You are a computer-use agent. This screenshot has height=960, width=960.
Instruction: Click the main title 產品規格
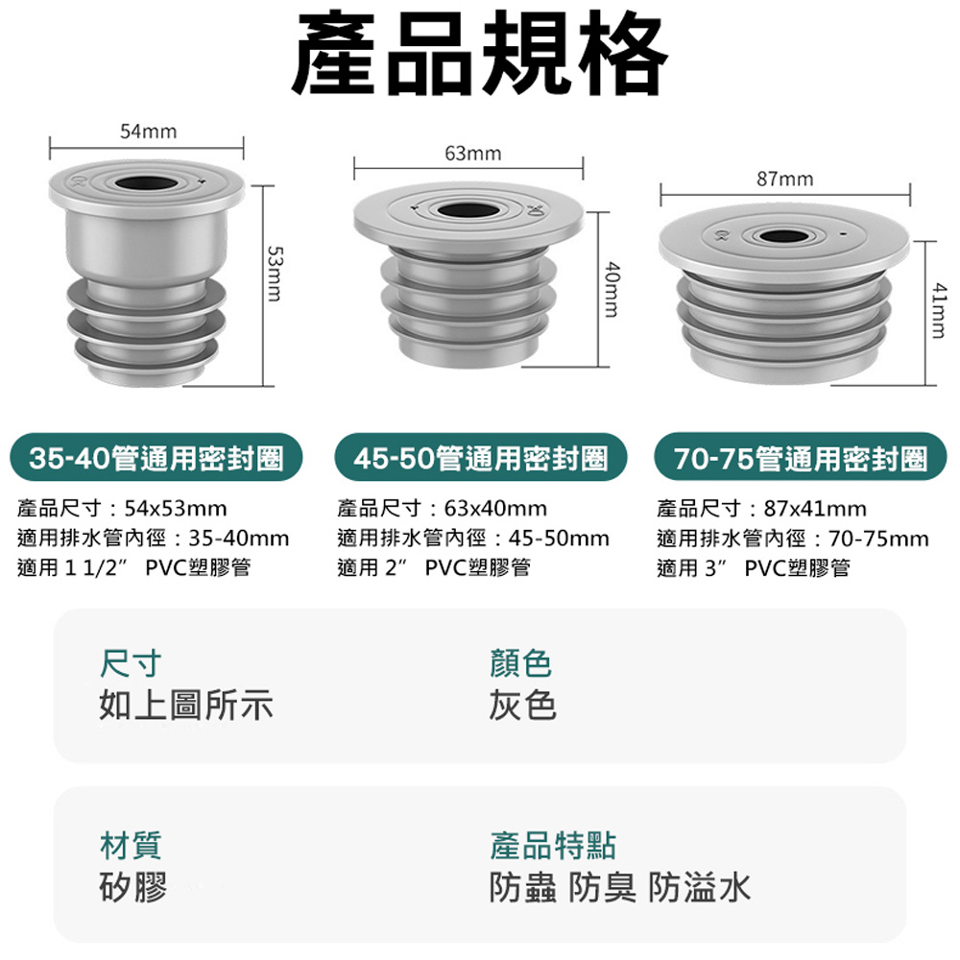(x=479, y=53)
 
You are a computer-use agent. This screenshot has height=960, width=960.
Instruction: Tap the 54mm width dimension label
(x=148, y=132)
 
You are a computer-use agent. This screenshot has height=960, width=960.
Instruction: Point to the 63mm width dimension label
(x=472, y=153)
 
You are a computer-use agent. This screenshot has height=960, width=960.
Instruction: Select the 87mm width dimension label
(x=785, y=179)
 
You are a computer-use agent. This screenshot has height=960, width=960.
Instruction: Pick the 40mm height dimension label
(x=612, y=290)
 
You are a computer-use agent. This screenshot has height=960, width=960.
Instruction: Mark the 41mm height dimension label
(x=938, y=310)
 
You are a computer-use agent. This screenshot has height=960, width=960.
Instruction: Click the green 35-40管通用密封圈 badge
(x=156, y=457)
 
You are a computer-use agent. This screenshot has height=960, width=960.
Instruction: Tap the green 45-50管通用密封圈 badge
(x=481, y=457)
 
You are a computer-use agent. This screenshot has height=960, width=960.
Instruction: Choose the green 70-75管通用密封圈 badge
(x=801, y=457)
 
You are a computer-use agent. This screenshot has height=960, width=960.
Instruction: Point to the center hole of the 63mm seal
(x=468, y=211)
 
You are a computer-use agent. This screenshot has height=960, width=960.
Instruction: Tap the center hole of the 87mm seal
(x=785, y=237)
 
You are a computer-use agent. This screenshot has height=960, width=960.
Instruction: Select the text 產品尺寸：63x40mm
(x=442, y=508)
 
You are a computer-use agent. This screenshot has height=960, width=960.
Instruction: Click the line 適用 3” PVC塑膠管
(x=754, y=568)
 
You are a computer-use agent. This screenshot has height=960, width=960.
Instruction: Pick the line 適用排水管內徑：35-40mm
(x=153, y=539)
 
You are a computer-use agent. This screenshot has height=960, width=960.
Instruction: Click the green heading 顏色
(x=520, y=663)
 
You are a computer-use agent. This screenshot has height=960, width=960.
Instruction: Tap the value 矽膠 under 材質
(x=132, y=887)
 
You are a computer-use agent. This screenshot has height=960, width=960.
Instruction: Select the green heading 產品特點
(x=552, y=846)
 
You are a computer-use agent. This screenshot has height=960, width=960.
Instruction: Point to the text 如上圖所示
(x=186, y=705)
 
